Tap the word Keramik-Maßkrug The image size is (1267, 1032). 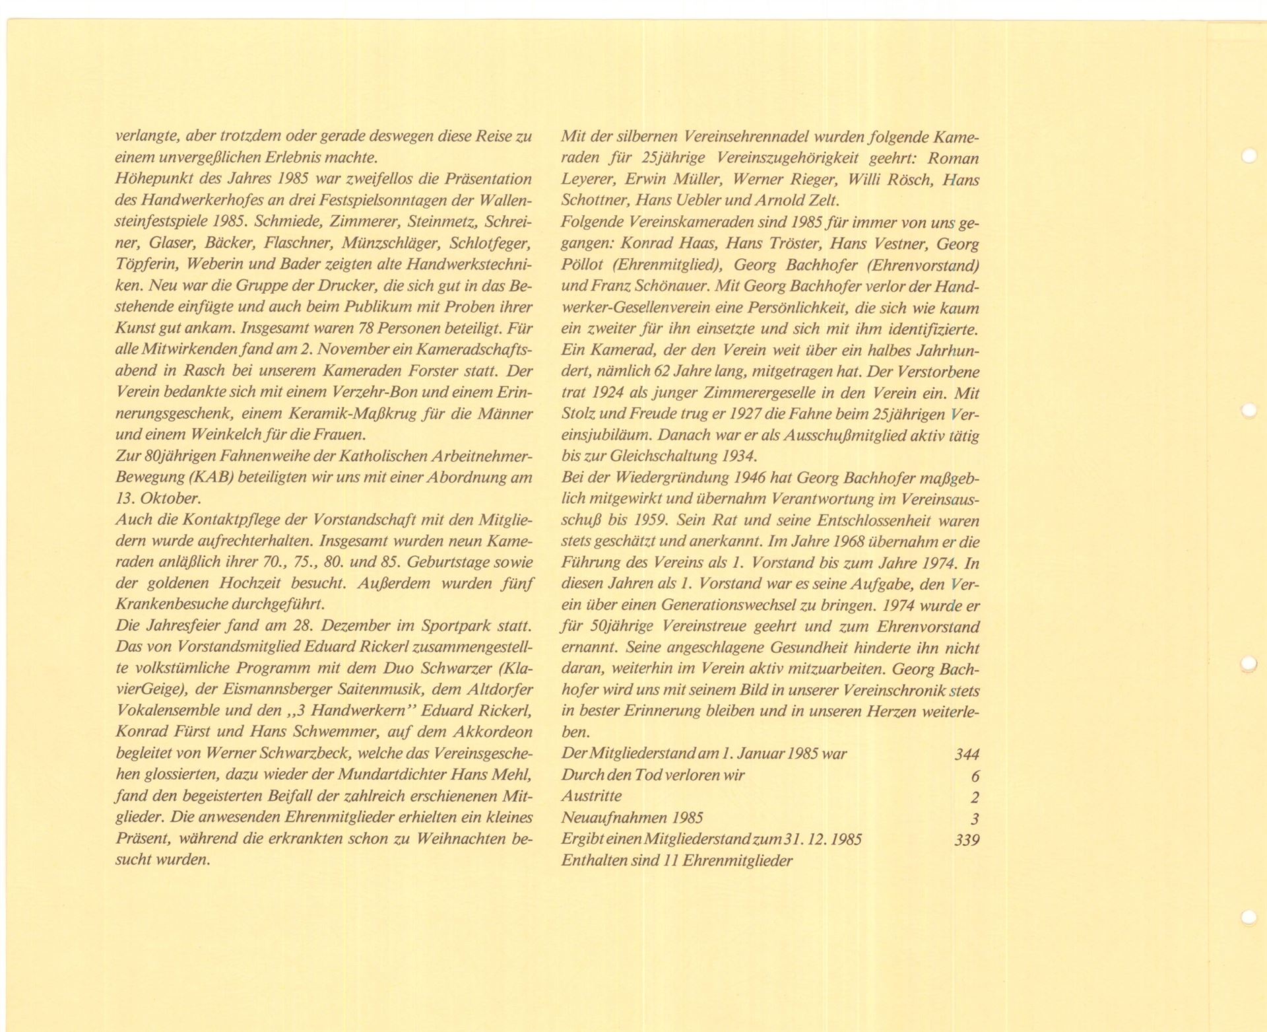click(x=344, y=414)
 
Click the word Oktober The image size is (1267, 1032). click(x=161, y=499)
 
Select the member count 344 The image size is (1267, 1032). click(x=967, y=754)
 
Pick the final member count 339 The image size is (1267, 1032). click(x=967, y=840)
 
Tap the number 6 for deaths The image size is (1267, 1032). click(x=975, y=776)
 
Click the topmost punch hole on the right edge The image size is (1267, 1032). click(x=1249, y=156)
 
